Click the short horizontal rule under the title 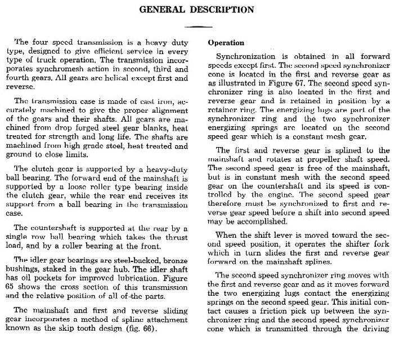pyautogui.click(x=197, y=26)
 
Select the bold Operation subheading pyautogui.click(x=226, y=43)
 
